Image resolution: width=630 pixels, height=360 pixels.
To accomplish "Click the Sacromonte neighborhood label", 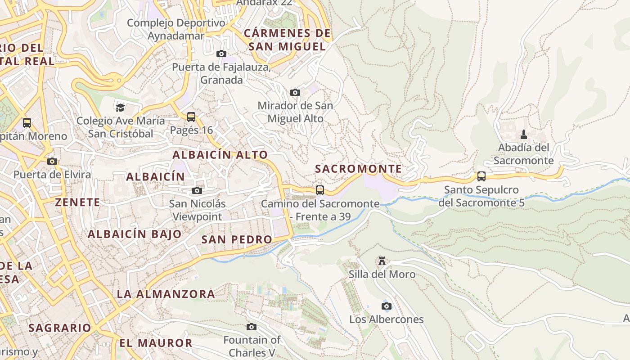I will tap(358, 169).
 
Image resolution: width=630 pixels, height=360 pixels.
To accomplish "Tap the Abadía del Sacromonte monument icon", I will tap(523, 135).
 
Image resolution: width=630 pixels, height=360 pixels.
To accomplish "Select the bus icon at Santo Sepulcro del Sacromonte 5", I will tap(481, 176).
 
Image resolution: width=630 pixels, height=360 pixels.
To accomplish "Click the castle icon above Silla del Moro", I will tap(382, 261).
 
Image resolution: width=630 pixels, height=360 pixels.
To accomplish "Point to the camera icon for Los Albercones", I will tap(386, 306).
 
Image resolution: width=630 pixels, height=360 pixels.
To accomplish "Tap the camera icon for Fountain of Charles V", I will tap(252, 327).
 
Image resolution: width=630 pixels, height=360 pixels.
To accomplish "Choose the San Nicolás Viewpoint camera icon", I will tap(197, 191).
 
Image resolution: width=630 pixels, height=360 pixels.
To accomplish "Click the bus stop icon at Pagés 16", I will tap(191, 117).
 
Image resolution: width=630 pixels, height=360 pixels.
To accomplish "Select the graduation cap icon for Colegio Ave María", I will tap(120, 108).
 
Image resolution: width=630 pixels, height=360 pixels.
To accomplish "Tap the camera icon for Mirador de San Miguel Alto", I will tap(295, 93).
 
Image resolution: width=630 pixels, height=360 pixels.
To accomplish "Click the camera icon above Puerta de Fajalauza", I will tap(221, 54).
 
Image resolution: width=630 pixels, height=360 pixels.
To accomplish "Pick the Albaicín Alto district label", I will tap(220, 155).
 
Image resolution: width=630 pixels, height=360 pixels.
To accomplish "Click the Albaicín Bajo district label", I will tap(135, 234).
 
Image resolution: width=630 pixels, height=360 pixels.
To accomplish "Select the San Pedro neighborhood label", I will tap(237, 239).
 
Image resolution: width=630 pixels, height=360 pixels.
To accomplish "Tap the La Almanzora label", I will tap(166, 294).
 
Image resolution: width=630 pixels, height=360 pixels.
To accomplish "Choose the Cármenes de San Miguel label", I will tap(287, 40).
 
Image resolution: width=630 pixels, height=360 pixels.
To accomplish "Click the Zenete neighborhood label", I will tap(78, 202).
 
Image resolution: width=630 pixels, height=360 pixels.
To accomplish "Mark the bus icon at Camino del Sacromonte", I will tap(320, 190).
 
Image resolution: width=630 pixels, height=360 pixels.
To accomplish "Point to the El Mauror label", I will tap(156, 343).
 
